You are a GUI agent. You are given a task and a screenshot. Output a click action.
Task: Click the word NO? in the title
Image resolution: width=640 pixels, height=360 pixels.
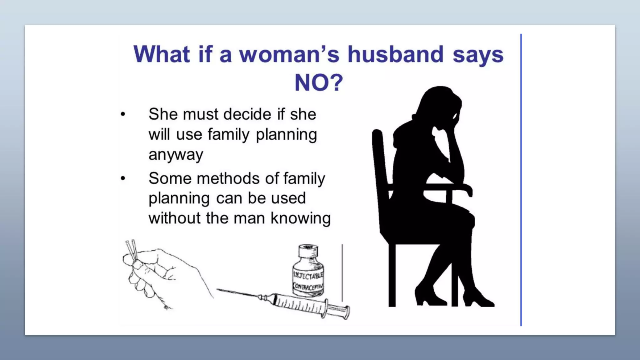pyautogui.click(x=319, y=83)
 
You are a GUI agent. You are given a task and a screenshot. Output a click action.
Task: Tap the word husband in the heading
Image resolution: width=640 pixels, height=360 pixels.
pyautogui.click(x=396, y=54)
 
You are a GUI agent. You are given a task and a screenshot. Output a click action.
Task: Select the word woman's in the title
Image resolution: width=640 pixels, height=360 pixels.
pyautogui.click(x=289, y=54)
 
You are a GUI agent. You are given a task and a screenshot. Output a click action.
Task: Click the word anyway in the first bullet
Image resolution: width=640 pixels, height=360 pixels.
pyautogui.click(x=176, y=155)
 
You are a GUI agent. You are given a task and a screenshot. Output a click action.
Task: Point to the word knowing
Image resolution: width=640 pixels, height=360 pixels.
pyautogui.click(x=301, y=218)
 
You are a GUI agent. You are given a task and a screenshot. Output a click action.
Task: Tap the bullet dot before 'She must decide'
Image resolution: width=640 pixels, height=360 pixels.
pyautogui.click(x=123, y=114)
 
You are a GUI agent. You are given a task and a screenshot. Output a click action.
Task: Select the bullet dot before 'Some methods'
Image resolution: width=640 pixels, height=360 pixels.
pyautogui.click(x=123, y=178)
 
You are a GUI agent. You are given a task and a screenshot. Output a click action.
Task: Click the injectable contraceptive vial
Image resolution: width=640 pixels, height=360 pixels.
pyautogui.click(x=308, y=275)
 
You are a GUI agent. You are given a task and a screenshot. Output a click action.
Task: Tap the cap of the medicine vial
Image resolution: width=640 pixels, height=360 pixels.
pyautogui.click(x=308, y=250)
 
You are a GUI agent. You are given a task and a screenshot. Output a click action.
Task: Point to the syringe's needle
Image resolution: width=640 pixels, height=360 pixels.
pyautogui.click(x=237, y=293)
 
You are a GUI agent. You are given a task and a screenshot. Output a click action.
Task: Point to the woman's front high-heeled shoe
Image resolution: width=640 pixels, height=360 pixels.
pyautogui.click(x=478, y=298)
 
